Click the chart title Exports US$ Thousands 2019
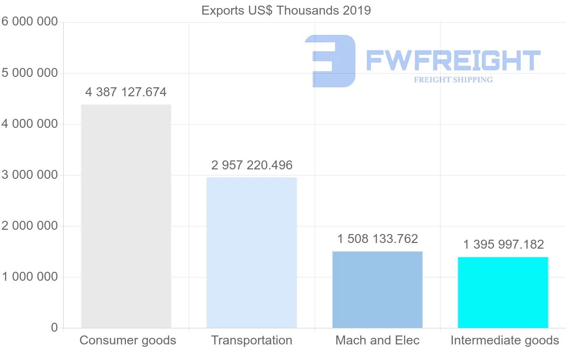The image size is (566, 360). [286, 10]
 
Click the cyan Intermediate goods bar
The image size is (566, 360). [503, 292]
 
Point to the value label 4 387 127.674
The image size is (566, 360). [126, 92]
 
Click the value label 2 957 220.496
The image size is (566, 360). [252, 165]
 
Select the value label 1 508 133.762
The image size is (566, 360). [377, 239]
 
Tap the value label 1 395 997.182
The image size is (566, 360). [503, 244]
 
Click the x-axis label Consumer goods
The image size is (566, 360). [128, 340]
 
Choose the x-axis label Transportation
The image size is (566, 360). [251, 340]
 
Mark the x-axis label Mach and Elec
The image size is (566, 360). [377, 340]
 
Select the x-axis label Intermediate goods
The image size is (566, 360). [505, 340]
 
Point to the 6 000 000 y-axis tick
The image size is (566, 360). [29, 22]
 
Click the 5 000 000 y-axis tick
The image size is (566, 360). [29, 73]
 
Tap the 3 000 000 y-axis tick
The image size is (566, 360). [29, 175]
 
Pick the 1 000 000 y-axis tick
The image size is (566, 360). [29, 277]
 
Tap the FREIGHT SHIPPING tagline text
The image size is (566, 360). [453, 80]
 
